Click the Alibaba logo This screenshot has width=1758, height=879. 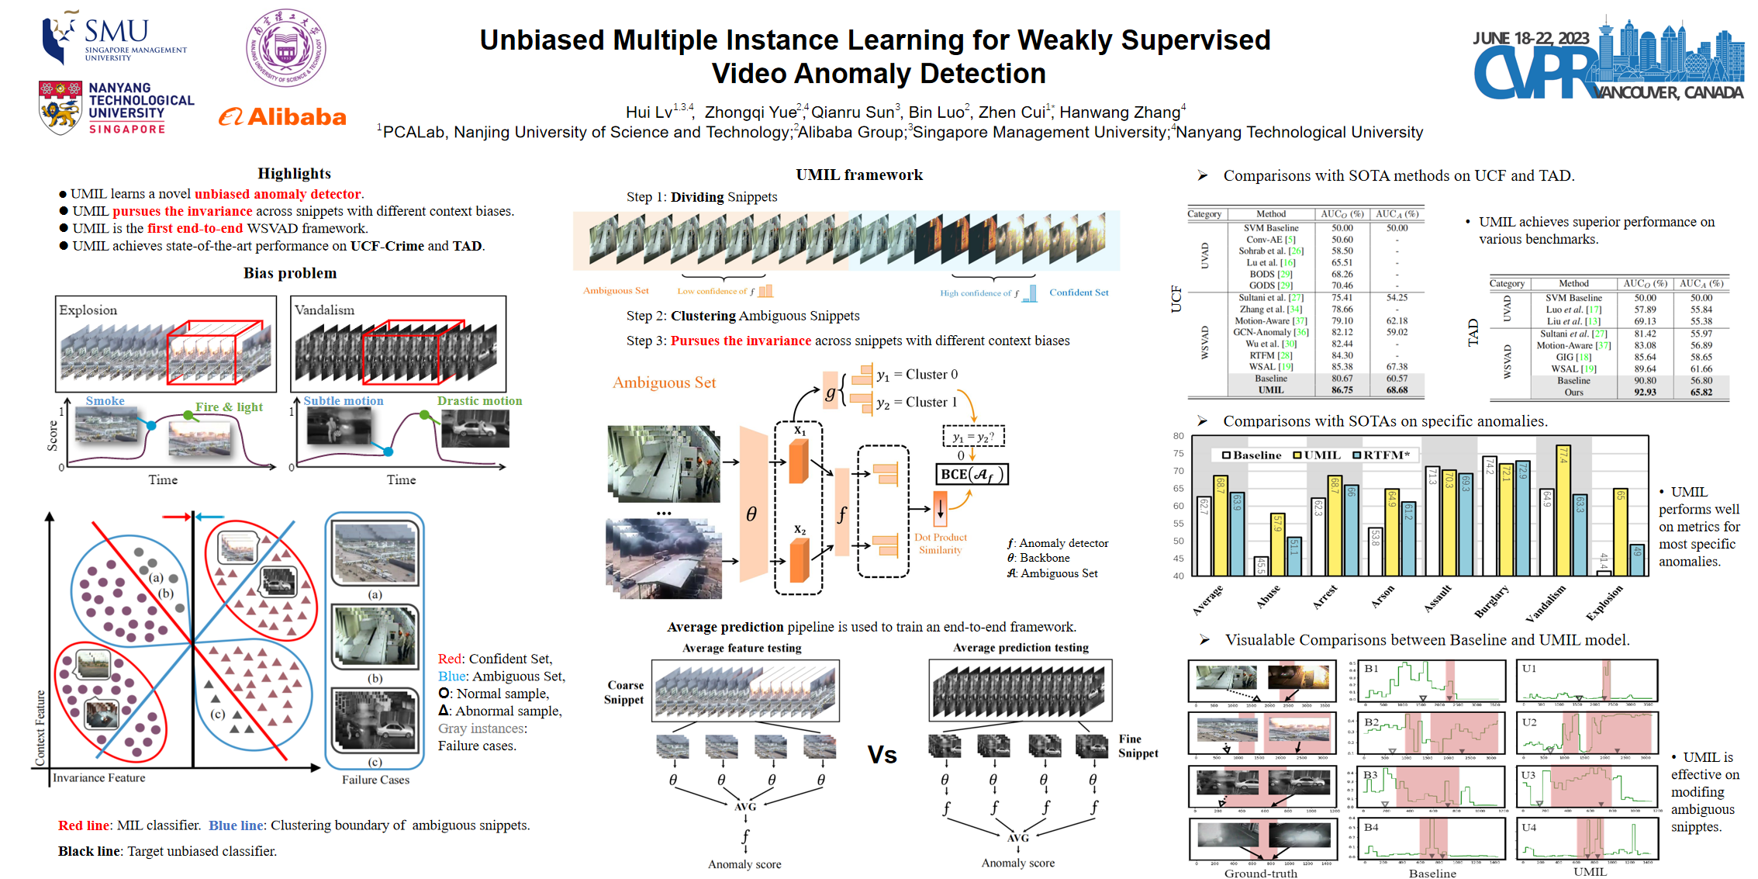[282, 117]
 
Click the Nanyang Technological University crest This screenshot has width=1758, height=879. [60, 107]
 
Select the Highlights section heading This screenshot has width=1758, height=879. [294, 174]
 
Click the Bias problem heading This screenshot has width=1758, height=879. [290, 273]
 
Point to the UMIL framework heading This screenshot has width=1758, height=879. [859, 175]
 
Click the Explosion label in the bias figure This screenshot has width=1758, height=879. [88, 310]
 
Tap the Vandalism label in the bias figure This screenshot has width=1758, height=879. [324, 310]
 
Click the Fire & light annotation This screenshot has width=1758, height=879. [229, 407]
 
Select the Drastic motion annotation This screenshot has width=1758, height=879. [479, 401]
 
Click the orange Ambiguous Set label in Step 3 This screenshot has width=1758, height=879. [664, 382]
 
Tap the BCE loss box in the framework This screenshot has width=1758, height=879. [972, 474]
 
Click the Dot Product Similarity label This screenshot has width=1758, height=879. [941, 543]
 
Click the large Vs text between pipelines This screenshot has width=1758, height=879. [882, 755]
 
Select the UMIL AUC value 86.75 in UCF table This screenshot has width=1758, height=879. [1342, 390]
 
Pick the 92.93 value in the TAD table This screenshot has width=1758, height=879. [1645, 393]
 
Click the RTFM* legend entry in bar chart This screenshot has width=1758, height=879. [1381, 455]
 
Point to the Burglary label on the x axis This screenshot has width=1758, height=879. [1491, 601]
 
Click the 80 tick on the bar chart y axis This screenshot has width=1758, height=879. [1178, 436]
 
